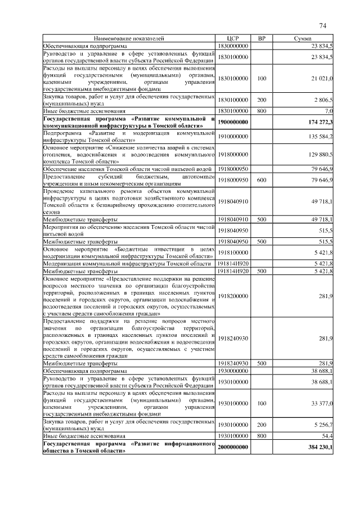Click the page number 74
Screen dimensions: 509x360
(323, 25)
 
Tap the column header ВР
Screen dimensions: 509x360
(261, 38)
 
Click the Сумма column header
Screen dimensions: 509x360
(303, 38)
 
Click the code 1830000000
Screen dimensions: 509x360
(233, 45)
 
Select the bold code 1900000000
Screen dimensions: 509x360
(233, 122)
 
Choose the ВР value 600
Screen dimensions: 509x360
(261, 179)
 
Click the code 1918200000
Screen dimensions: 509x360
(233, 295)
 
